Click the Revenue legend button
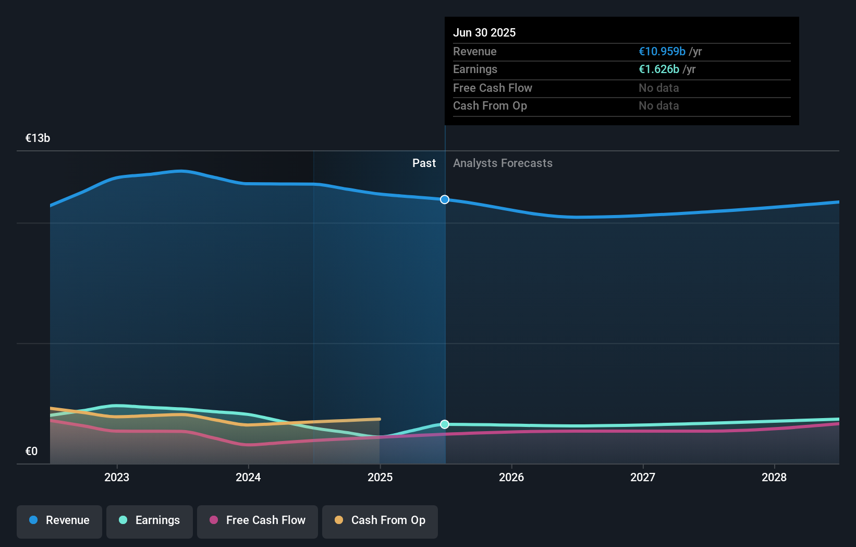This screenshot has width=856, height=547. [x=59, y=521]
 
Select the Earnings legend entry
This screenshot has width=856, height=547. [x=150, y=521]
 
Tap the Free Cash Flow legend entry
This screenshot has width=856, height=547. [x=258, y=521]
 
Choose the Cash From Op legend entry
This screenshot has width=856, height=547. [x=380, y=521]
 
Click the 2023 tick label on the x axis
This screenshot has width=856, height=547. [x=117, y=477]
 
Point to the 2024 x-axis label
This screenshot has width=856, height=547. [x=248, y=477]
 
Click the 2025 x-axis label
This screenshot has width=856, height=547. [x=380, y=477]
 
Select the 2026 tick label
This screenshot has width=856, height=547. [x=511, y=477]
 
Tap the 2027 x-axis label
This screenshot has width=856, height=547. [x=643, y=477]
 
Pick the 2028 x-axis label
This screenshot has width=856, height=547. [x=774, y=477]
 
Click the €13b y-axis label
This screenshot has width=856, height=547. [x=38, y=138]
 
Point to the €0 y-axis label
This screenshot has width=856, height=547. [x=31, y=451]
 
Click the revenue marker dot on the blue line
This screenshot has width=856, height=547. [x=445, y=199]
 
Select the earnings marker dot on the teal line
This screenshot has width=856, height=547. [x=445, y=424]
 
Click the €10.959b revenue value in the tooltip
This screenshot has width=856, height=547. [x=662, y=52]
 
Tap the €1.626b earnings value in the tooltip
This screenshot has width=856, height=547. [x=659, y=69]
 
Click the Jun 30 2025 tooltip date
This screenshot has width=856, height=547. [x=484, y=32]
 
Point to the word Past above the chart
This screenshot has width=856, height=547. [x=424, y=163]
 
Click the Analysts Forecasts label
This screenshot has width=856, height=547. [x=503, y=163]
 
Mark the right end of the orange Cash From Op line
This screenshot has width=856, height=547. [x=380, y=419]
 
